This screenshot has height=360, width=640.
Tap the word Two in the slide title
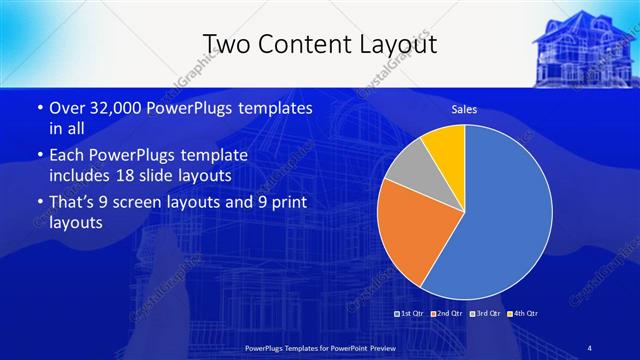225,42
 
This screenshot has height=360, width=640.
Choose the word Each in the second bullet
68,156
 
